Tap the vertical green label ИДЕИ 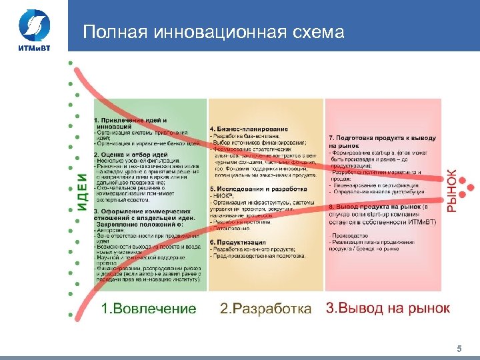pos(81,193)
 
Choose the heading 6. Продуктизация pos(239,242)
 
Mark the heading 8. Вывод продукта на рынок pos(377,207)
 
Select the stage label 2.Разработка pos(265,309)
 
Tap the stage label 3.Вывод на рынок pos(387,308)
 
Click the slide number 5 pos(459,349)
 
